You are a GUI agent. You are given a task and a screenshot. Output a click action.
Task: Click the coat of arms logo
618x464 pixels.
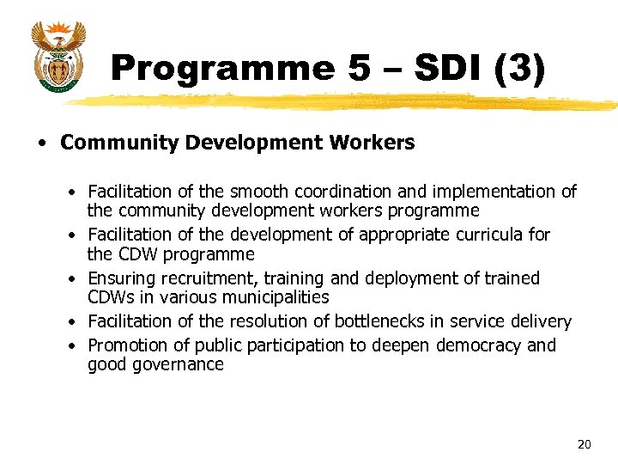point(58,56)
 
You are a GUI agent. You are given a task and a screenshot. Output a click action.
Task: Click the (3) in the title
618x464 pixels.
point(520,69)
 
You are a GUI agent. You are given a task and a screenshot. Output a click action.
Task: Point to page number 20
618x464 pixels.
point(584,444)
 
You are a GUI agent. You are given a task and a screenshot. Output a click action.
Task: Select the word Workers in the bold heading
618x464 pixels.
point(376,143)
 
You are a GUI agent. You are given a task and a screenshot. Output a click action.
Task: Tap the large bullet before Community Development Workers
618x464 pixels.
point(42,143)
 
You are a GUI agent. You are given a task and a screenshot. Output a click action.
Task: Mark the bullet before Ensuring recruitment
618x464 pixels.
point(76,279)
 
